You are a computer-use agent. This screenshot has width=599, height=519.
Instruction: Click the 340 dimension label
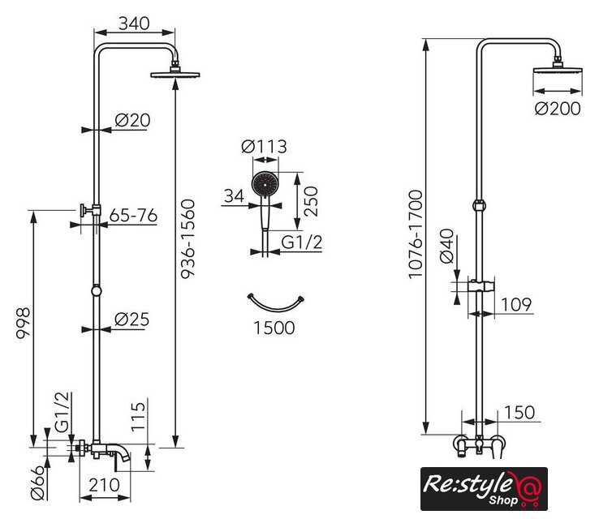coord(134,24)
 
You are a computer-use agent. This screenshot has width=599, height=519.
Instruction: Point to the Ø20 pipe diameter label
coord(132,120)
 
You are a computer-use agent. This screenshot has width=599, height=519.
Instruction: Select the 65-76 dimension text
coord(133,216)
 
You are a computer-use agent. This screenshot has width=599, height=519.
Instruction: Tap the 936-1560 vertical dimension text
coord(187,239)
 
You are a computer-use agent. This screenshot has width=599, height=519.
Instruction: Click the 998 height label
coord(23,323)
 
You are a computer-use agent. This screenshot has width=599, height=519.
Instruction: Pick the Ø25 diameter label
coord(132,320)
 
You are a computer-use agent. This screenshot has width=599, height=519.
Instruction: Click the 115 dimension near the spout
coord(138,416)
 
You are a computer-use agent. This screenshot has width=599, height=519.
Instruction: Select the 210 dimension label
coord(104,485)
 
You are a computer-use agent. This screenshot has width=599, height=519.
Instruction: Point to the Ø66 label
coord(37,483)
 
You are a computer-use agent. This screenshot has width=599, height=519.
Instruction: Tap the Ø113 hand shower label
coord(264,147)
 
